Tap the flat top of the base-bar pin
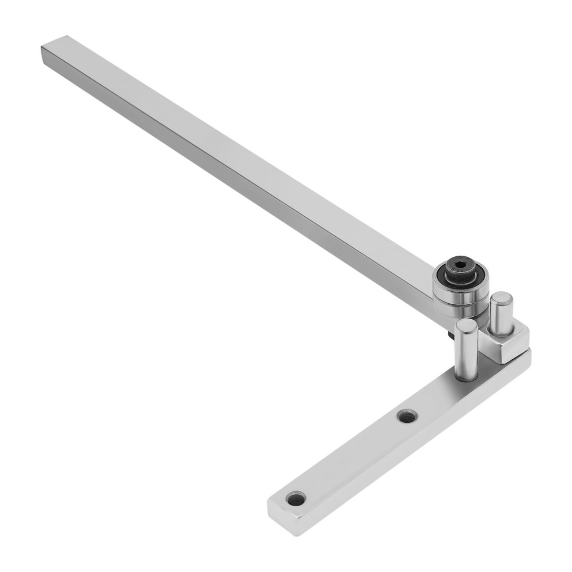[x=467, y=326]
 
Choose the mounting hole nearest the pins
[x=407, y=416]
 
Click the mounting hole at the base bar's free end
[x=296, y=499]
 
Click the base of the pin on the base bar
[x=467, y=375]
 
